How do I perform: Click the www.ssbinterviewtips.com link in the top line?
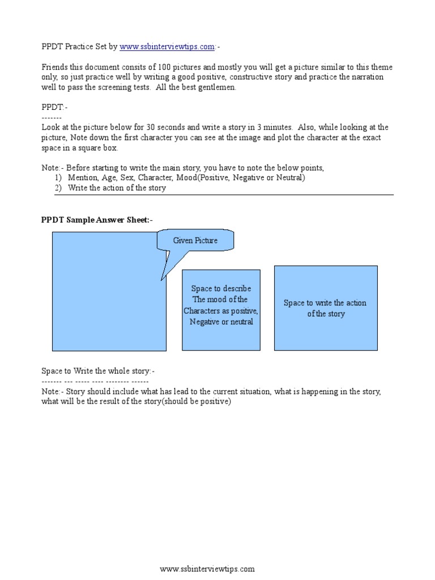(167, 46)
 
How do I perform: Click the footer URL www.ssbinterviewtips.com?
(207, 569)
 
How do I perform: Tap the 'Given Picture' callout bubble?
(195, 241)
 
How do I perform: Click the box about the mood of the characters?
(221, 310)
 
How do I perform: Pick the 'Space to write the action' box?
(326, 308)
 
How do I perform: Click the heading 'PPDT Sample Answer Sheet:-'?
(97, 220)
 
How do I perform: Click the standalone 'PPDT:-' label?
(54, 107)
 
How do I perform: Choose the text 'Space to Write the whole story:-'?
(97, 371)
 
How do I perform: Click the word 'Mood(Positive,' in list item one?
(200, 178)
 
